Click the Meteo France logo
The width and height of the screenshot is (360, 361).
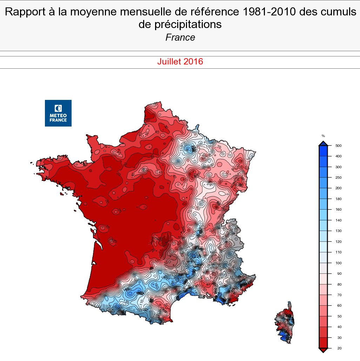point(58,113)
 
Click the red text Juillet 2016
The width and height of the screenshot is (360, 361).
point(180,62)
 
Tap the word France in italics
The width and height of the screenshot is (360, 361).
point(180,38)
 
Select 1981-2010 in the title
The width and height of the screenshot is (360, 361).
point(269,12)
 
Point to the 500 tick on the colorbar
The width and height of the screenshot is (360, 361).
point(333,145)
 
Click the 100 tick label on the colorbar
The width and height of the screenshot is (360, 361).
point(333,263)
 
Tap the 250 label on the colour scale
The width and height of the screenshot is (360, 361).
point(333,177)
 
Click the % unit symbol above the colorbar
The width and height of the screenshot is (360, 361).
point(323,136)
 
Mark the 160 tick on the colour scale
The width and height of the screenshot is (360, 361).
point(333,210)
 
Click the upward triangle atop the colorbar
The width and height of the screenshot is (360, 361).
point(323,143)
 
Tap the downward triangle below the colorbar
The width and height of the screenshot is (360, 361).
point(323,350)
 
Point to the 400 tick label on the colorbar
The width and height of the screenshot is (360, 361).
point(333,156)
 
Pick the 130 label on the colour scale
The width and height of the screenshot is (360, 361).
point(333,231)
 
